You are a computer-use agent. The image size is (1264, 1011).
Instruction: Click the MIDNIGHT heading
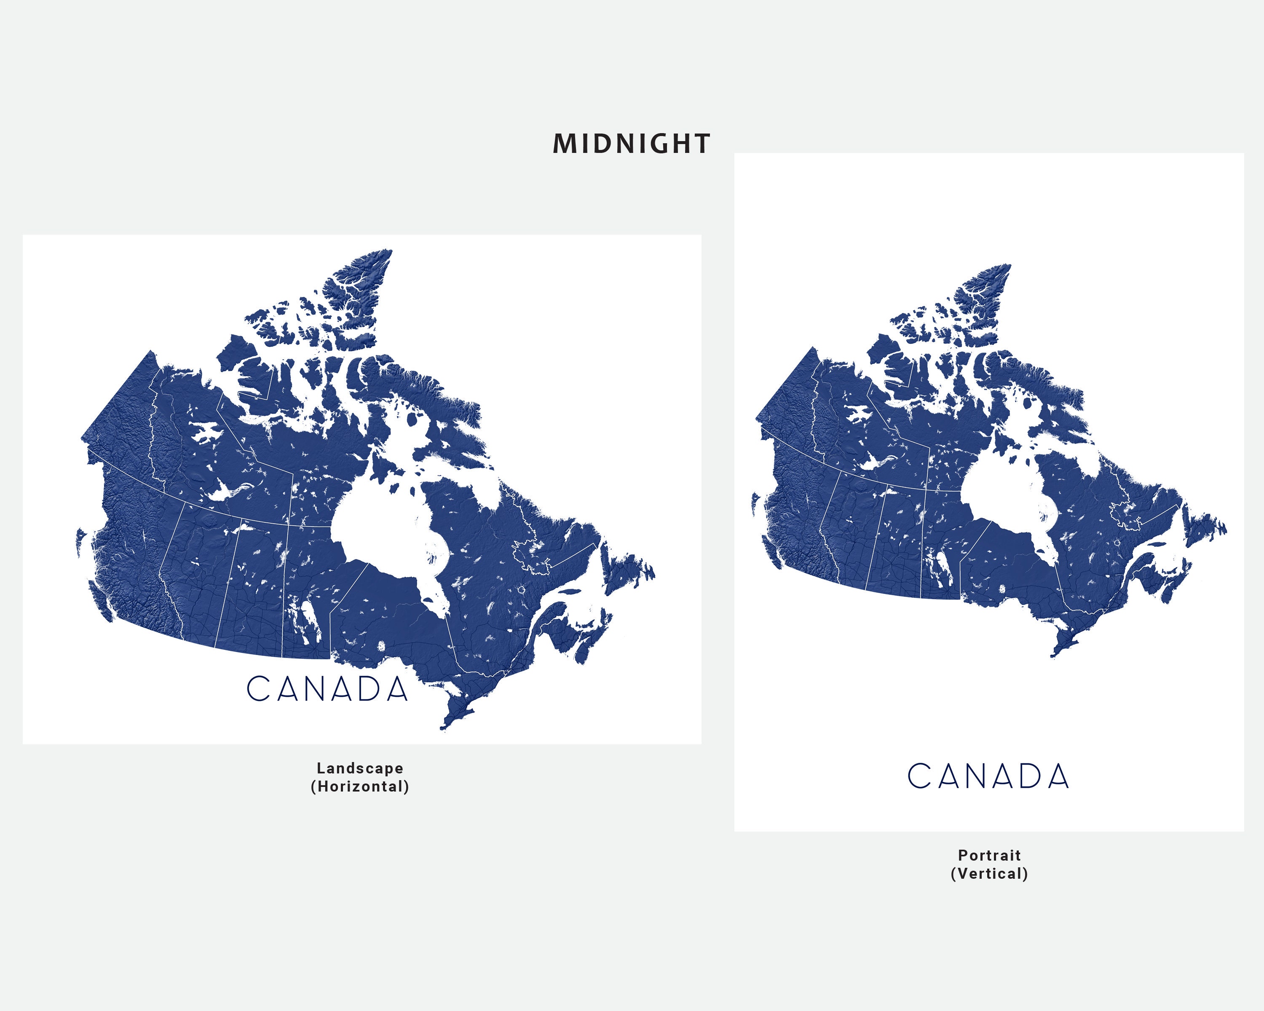pos(632,144)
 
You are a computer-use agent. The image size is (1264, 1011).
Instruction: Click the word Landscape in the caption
pos(359,768)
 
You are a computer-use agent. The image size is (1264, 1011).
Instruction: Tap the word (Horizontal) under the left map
pos(359,786)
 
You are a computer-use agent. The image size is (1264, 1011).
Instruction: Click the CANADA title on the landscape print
pos(327,689)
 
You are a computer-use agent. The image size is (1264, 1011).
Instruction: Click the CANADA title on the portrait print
pos(988,776)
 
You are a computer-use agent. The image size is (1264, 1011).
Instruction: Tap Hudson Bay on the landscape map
pos(381,527)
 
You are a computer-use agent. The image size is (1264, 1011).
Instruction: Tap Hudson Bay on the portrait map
pos(1002,498)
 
